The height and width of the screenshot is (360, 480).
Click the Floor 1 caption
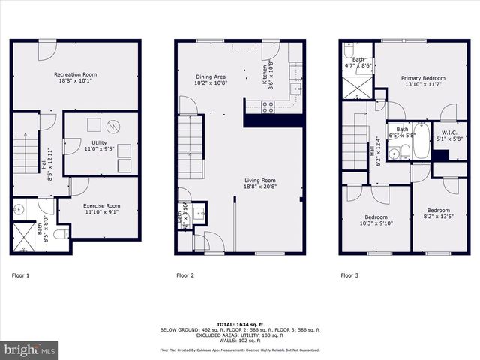(20, 275)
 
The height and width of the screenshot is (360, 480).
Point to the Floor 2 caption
(185, 275)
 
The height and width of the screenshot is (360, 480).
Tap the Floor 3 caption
(349, 275)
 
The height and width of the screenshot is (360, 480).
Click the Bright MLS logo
(30, 349)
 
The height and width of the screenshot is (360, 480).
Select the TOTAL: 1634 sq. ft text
(239, 324)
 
